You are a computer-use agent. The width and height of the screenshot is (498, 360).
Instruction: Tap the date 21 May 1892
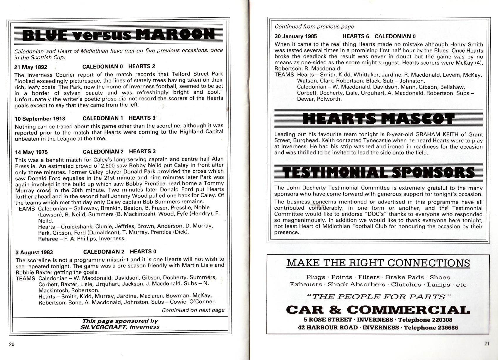coord(31,67)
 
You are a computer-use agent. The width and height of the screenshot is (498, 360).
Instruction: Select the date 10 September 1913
coord(40,119)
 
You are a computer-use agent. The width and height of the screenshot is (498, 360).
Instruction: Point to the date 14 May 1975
coord(31,152)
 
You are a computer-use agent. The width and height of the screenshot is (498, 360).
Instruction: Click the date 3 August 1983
coord(34,252)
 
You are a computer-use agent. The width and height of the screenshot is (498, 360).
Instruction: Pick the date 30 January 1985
coord(296,37)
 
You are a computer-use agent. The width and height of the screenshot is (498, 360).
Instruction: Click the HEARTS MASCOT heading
coord(378,119)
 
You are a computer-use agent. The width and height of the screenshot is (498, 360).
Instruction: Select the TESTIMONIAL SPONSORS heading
coord(378,172)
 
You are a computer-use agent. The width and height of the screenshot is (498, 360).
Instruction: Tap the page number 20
coord(12,344)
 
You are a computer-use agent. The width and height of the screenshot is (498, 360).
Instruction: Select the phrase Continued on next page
coord(193,310)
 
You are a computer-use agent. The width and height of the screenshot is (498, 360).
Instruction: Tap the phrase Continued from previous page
coord(314,27)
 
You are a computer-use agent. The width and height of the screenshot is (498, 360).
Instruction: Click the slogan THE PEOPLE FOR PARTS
coord(378,297)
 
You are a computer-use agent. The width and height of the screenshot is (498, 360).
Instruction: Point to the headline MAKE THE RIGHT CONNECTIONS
coord(378,263)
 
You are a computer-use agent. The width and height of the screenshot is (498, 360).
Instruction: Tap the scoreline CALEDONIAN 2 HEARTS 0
coord(120,252)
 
